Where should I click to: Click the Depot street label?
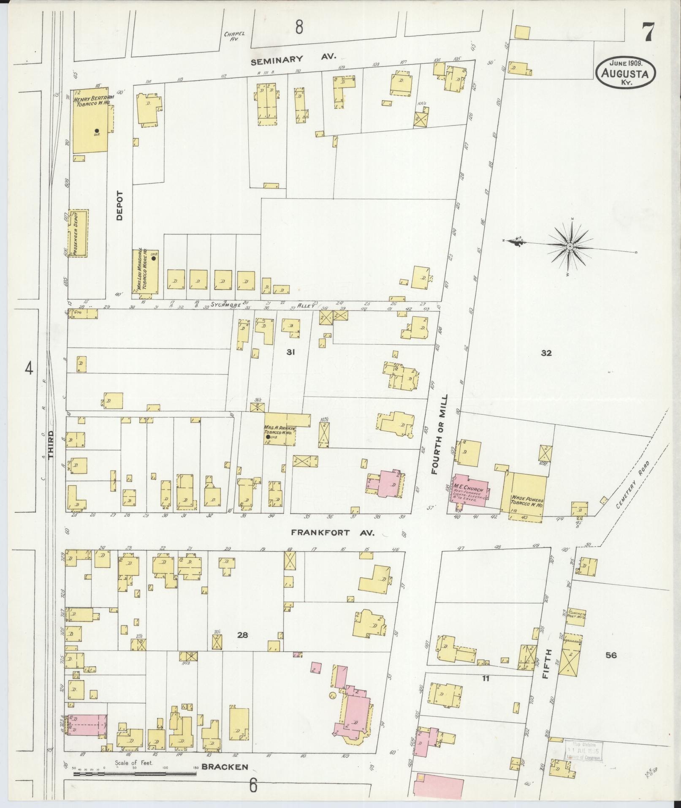[x=119, y=206]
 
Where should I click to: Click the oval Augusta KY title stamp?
[x=626, y=73]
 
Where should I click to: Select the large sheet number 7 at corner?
[x=648, y=33]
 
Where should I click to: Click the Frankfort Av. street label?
[x=333, y=533]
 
